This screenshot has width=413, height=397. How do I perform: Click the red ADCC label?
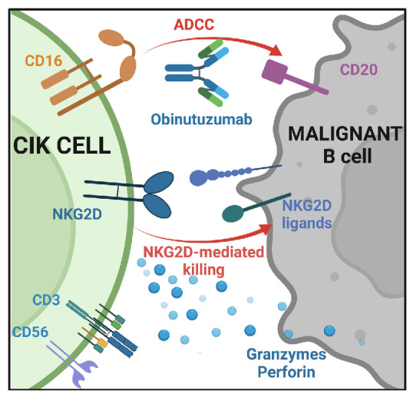[194, 25]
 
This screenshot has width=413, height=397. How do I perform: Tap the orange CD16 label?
[44, 61]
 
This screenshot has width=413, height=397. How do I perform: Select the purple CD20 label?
[358, 70]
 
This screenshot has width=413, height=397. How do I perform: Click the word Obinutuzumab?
[201, 119]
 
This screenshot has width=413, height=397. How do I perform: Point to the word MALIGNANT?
[345, 134]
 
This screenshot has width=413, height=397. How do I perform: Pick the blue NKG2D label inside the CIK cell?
[78, 214]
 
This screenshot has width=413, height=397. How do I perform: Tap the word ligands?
[307, 223]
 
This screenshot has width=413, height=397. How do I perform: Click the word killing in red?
[203, 270]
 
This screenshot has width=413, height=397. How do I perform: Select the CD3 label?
[46, 299]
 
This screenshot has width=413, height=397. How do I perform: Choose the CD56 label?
[31, 332]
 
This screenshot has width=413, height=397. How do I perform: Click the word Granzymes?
[286, 354]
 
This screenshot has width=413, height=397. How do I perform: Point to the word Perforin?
[286, 372]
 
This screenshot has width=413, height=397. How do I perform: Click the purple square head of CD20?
[275, 71]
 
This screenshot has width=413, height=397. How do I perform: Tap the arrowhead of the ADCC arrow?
[276, 51]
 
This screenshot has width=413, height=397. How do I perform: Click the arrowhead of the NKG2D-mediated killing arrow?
[266, 229]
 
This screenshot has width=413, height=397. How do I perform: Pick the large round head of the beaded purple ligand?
[198, 178]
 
